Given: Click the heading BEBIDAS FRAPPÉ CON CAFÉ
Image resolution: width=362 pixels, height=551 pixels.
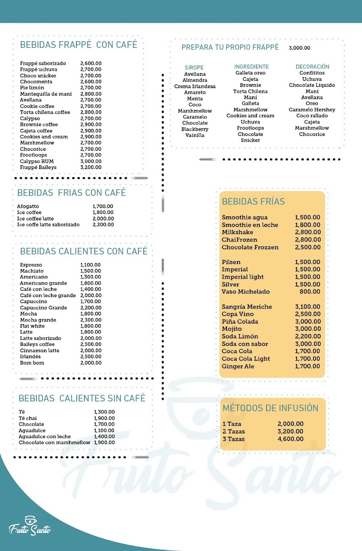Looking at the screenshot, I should pos(79,45).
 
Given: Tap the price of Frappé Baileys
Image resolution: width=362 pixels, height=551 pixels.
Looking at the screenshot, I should pos(90,167).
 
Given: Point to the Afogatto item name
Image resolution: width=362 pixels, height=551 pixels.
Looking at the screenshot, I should pos(28,206).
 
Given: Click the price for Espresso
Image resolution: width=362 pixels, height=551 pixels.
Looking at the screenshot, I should pos(90,265).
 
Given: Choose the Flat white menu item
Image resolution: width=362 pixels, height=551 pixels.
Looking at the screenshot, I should pos(32,326).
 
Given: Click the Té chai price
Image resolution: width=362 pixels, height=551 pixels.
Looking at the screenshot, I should pos(104,418).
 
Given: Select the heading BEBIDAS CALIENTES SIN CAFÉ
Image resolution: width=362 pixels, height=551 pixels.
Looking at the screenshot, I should pos(82,398).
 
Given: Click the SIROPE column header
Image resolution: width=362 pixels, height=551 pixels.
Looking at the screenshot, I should pos(194,67).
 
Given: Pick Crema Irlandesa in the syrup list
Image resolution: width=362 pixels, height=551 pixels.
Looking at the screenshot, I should pos(195,86).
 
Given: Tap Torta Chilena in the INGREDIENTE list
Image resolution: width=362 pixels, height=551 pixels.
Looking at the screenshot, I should pos(250,91).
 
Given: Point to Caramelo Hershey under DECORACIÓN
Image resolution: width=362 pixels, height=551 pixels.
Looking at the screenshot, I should pos(312,110).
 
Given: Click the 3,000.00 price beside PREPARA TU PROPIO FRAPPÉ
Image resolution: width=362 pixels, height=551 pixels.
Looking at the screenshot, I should pos(300,48).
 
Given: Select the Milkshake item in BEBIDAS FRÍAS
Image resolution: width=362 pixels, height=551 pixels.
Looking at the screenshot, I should pos(237,232).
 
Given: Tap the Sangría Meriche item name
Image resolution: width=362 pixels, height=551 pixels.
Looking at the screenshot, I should pos(247,307).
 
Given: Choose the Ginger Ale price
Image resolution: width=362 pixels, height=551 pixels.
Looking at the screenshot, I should pos(307,366).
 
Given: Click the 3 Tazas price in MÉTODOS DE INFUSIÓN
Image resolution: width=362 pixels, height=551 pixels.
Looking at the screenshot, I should pos(290,439).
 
